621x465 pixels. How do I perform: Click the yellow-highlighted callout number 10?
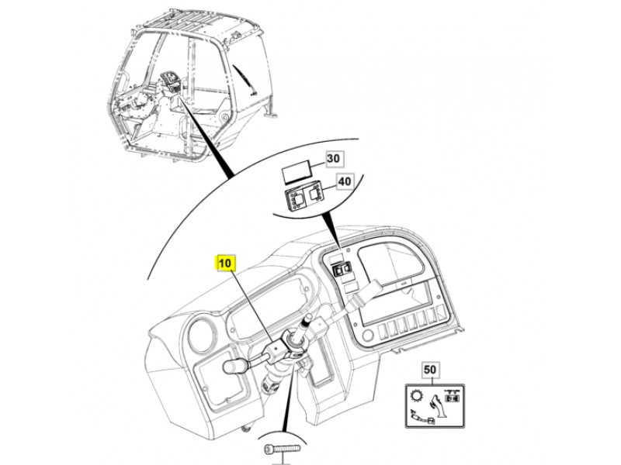pyautogui.click(x=225, y=263)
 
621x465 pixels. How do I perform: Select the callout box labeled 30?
pyautogui.click(x=334, y=158)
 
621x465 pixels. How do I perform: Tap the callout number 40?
pyautogui.click(x=345, y=181)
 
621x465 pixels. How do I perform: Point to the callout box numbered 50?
pyautogui.click(x=430, y=370)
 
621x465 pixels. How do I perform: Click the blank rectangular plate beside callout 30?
pyautogui.click(x=297, y=172)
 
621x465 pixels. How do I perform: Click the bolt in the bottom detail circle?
pyautogui.click(x=282, y=449)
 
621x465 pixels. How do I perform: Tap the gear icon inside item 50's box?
pyautogui.click(x=418, y=396)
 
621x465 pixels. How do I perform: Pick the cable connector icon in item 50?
pyautogui.click(x=422, y=416)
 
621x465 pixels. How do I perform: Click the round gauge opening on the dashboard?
pyautogui.click(x=202, y=335)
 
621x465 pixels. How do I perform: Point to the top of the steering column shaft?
pyautogui.click(x=309, y=319)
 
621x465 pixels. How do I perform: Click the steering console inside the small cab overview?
pyautogui.click(x=169, y=84)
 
